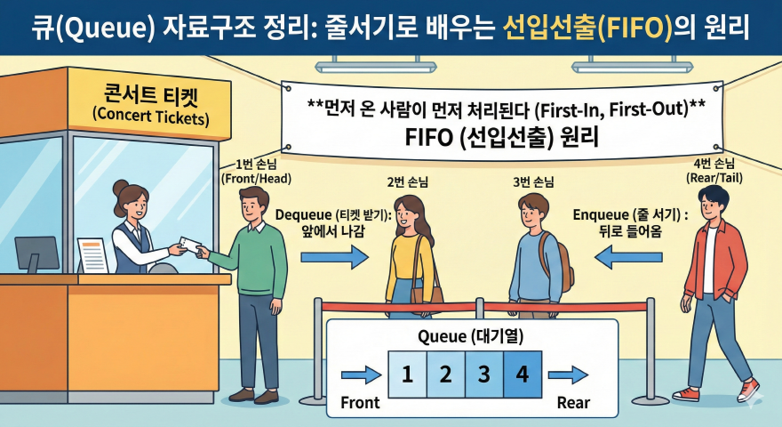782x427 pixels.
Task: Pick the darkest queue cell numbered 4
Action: (523, 374)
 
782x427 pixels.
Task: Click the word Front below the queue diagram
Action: (360, 403)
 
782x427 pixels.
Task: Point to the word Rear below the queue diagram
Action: (573, 403)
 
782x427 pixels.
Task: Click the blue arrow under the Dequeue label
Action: (334, 258)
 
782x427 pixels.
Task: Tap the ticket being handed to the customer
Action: (189, 244)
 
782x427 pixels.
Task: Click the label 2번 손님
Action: (408, 181)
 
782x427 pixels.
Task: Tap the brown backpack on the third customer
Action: (562, 256)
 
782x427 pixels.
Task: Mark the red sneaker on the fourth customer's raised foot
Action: (749, 389)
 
